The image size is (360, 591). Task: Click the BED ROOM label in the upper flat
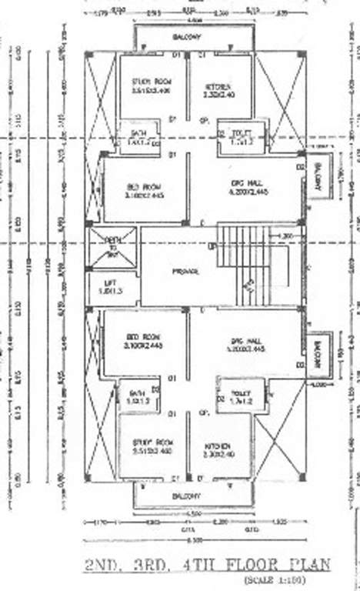(x=144, y=188)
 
